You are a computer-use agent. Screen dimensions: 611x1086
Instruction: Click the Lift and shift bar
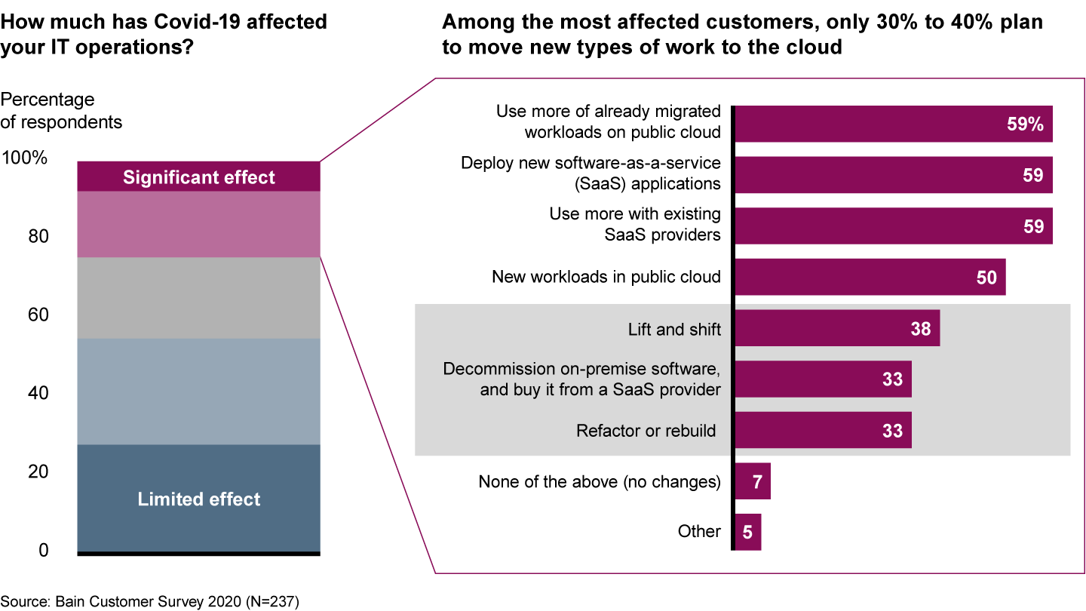coord(837,328)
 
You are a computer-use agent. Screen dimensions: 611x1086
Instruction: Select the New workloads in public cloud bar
coord(870,277)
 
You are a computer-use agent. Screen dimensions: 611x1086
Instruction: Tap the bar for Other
coord(747,532)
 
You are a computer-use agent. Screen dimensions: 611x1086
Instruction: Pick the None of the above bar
coord(753,481)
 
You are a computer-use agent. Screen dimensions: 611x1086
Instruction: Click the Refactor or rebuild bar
coord(823,430)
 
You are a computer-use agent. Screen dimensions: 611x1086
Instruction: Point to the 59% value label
coord(1025,124)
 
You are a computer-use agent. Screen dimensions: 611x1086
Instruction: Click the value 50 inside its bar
coord(986,278)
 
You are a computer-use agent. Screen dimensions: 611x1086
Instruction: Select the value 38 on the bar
coord(920,328)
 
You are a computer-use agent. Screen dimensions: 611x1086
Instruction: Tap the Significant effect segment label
coord(199,177)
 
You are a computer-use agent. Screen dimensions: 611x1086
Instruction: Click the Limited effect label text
coord(199,499)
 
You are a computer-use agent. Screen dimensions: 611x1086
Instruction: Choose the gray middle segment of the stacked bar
coord(199,298)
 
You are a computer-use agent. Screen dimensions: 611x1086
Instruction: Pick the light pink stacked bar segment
coord(199,224)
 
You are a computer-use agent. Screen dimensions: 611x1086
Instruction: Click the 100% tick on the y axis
coord(26,158)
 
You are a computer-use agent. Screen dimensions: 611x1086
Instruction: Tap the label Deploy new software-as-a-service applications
coord(591,173)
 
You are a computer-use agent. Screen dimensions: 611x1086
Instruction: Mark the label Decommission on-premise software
coord(581,379)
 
